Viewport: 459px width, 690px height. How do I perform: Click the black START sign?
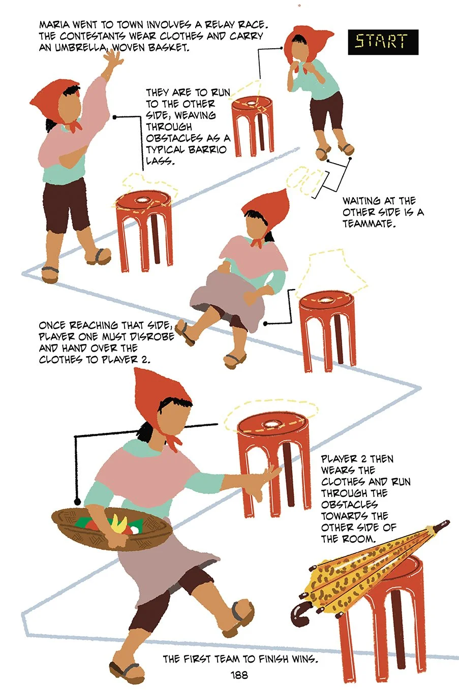click(x=383, y=42)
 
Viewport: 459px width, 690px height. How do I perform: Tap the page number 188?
click(x=239, y=675)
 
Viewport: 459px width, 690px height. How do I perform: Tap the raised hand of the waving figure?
click(x=113, y=58)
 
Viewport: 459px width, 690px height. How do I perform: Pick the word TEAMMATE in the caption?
click(x=369, y=224)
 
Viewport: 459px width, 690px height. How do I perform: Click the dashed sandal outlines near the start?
click(x=305, y=180)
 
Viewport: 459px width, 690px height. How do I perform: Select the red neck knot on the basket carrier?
click(x=173, y=441)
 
